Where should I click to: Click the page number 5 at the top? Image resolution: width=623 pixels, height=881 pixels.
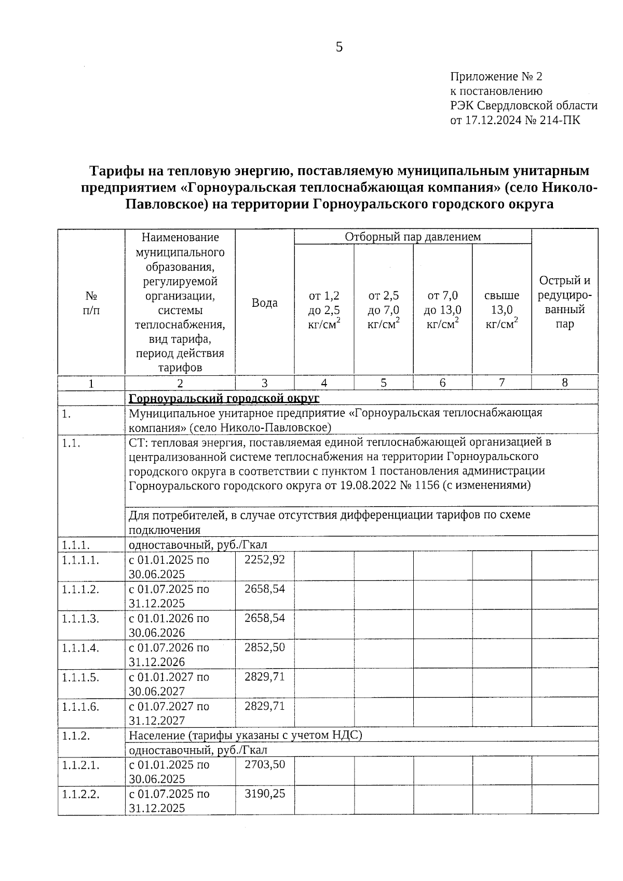pyautogui.click(x=339, y=47)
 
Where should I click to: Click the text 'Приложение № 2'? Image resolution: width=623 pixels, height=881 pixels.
pyautogui.click(x=496, y=77)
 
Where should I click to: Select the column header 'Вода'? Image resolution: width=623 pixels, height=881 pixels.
pyautogui.click(x=264, y=303)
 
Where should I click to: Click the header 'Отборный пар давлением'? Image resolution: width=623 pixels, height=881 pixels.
pyautogui.click(x=413, y=237)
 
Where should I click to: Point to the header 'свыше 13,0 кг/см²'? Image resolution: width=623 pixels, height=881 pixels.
pyautogui.click(x=502, y=309)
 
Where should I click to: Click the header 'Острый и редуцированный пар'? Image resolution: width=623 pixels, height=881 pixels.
pyautogui.click(x=564, y=302)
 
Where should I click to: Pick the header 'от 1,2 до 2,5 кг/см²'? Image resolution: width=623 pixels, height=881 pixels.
pyautogui.click(x=324, y=309)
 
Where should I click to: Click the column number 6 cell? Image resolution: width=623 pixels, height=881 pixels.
pyautogui.click(x=442, y=383)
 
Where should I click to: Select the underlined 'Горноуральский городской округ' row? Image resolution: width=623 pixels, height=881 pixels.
pyautogui.click(x=224, y=398)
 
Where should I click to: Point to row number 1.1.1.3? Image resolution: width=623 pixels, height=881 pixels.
pyautogui.click(x=80, y=618)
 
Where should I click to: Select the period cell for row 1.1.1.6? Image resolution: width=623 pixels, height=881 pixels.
pyautogui.click(x=169, y=713)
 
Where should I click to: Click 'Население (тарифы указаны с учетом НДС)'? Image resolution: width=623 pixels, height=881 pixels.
pyautogui.click(x=245, y=735)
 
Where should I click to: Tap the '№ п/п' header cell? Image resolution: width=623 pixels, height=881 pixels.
pyautogui.click(x=91, y=303)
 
